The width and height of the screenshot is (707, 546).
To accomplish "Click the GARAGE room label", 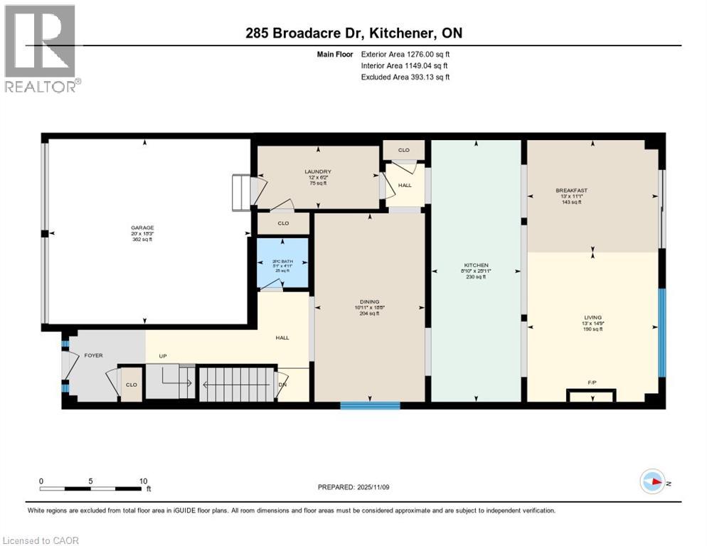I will pos(142,228).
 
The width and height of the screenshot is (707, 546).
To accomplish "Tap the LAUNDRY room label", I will pos(318,172).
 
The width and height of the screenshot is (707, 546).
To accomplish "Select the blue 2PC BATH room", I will pos(283,264).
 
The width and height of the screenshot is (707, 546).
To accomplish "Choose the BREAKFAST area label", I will pos(571,191).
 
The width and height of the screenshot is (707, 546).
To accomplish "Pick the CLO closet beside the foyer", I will pos(131,385).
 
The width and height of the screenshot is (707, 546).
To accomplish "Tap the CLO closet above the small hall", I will pos(403,151).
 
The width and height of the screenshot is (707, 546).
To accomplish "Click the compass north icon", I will pos(653,482).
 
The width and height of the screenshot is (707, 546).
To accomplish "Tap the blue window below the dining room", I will pos(370,406).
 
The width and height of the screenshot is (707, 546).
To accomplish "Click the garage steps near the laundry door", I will pos(241,193).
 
